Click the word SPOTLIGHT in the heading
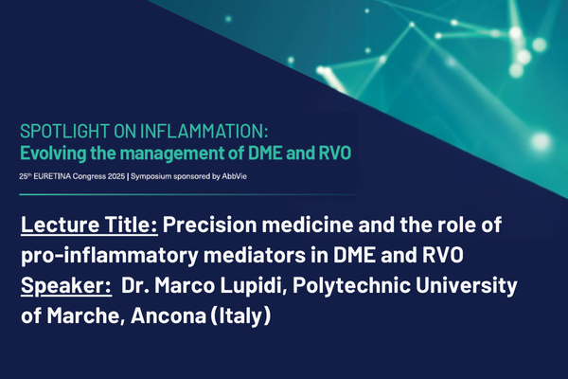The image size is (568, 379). pos(59,131)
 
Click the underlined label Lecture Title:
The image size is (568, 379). pos(89,227)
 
